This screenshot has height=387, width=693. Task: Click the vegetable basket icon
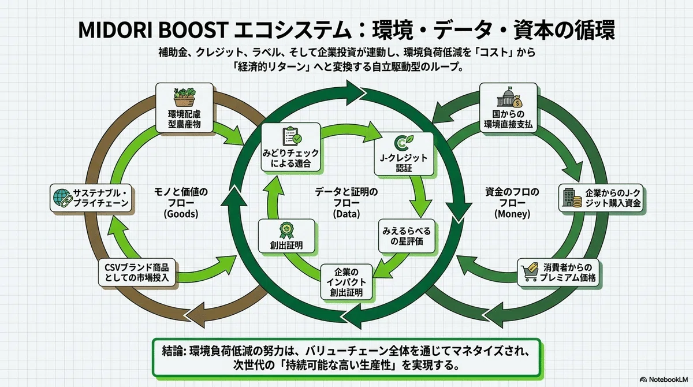pos(184,97)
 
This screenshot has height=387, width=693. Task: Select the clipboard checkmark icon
pos(292,136)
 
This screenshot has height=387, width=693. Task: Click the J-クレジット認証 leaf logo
pos(404,143)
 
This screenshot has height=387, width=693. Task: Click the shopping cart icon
pos(530,272)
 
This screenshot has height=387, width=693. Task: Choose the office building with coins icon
pos(572,198)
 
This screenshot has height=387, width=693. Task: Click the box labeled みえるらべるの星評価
pos(407,236)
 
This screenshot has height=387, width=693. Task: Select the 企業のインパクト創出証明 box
pos(346,282)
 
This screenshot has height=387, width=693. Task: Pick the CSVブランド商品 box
pos(137,273)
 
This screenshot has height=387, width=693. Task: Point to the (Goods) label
pos(181,214)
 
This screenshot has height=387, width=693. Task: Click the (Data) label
pos(346,214)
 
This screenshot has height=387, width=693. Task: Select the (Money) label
pos(512,214)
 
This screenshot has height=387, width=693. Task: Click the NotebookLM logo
pos(664,379)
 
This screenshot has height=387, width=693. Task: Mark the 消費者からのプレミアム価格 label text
pos(568,273)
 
